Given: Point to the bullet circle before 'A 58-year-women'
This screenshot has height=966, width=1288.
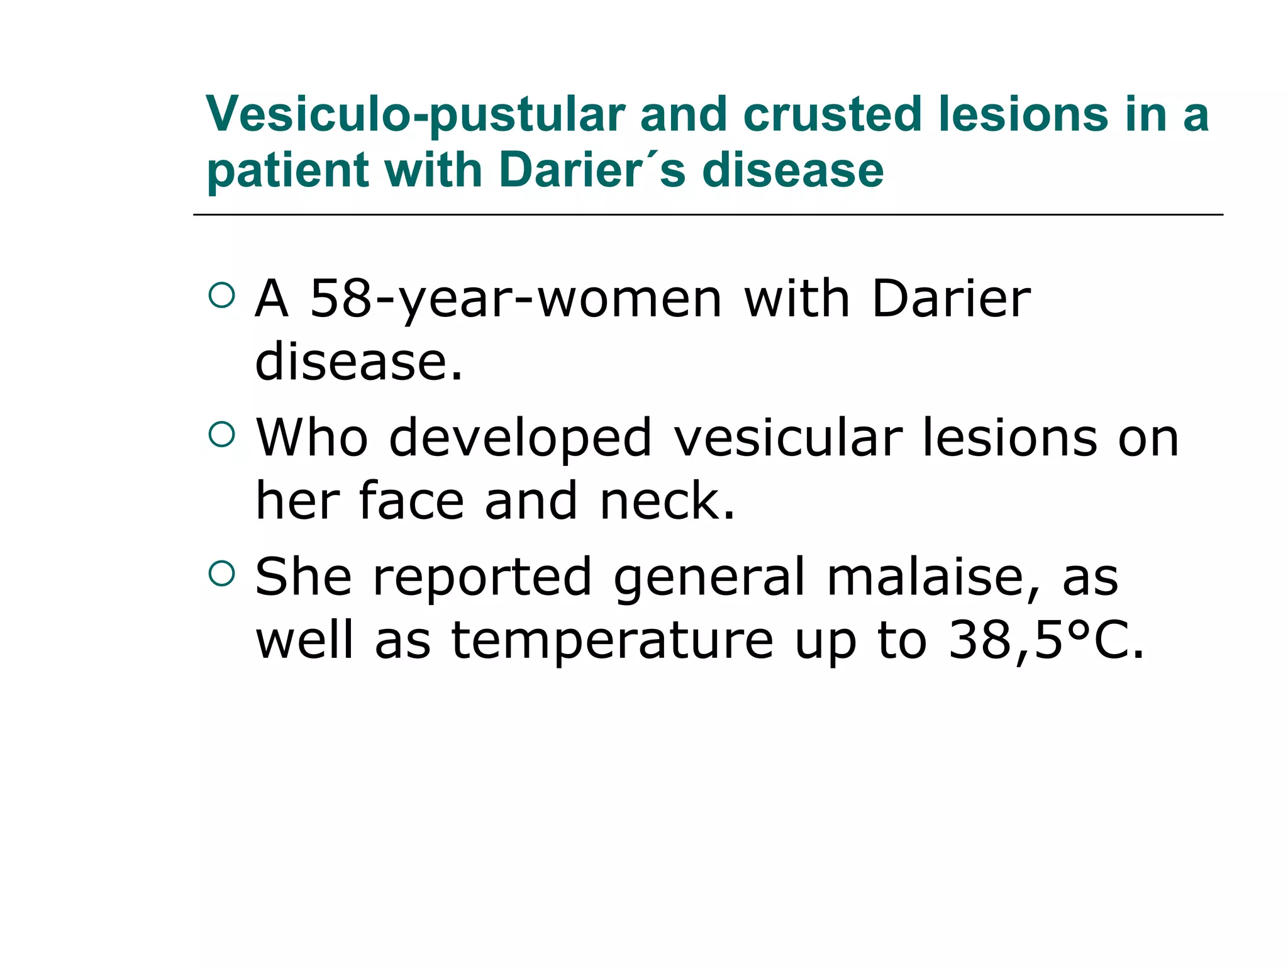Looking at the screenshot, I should tap(221, 295).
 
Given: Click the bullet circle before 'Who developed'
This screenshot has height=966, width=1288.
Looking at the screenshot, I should tap(221, 434).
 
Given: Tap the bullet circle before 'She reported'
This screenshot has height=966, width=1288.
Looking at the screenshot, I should tap(221, 573).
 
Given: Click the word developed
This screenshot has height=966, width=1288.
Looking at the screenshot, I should tap(520, 439).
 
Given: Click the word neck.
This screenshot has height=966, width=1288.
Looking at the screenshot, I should tap(667, 501).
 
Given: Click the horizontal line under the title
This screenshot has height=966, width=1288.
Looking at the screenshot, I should tap(708, 215).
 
